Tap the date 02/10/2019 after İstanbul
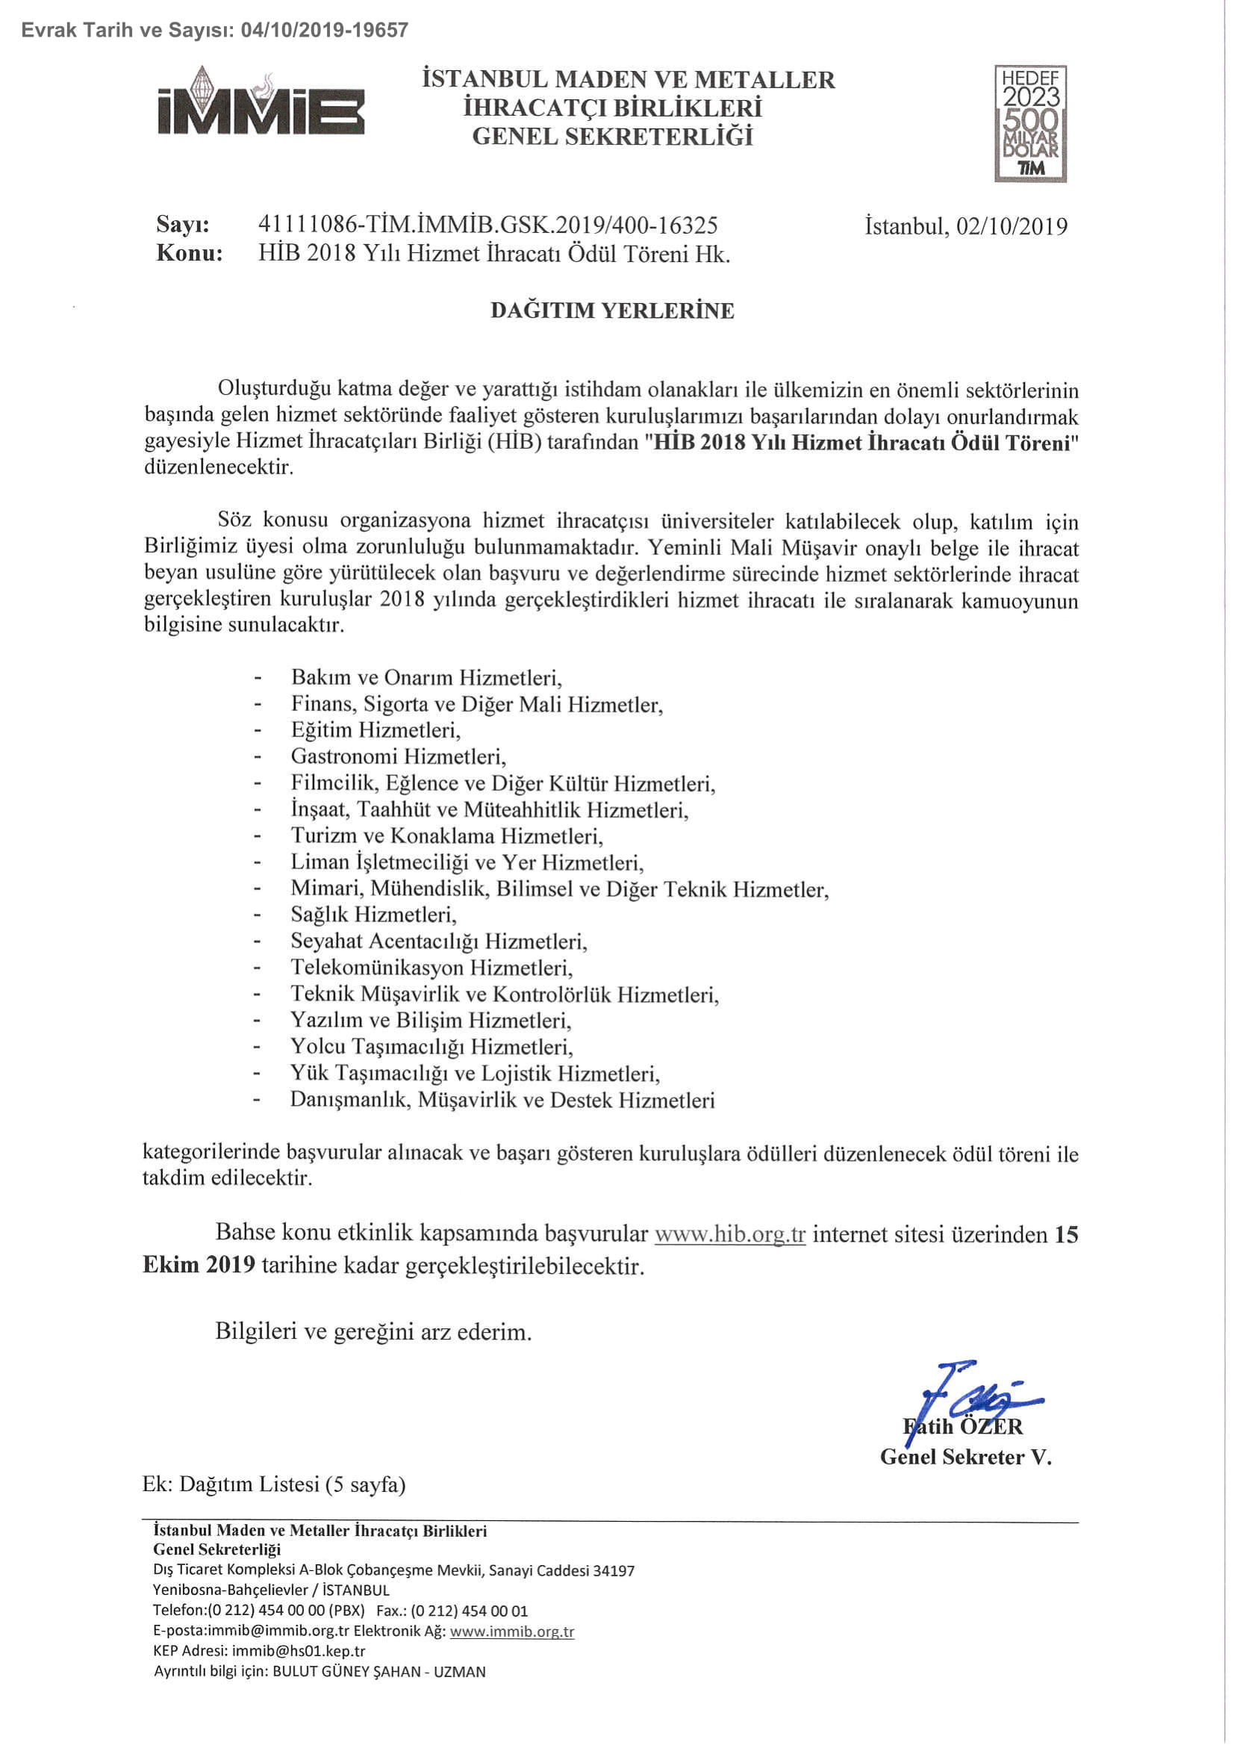tap(1012, 226)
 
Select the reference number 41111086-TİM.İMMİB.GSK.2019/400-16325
tap(487, 225)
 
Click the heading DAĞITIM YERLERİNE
tap(611, 311)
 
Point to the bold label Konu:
tap(189, 253)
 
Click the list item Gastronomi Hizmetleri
tap(397, 756)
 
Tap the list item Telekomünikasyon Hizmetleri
tap(431, 968)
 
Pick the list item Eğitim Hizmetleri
tap(376, 730)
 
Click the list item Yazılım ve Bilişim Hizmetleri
tap(430, 1020)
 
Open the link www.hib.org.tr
tap(729, 1234)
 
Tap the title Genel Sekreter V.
tap(965, 1457)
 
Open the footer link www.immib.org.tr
tap(511, 1631)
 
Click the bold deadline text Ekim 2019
tap(199, 1265)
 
